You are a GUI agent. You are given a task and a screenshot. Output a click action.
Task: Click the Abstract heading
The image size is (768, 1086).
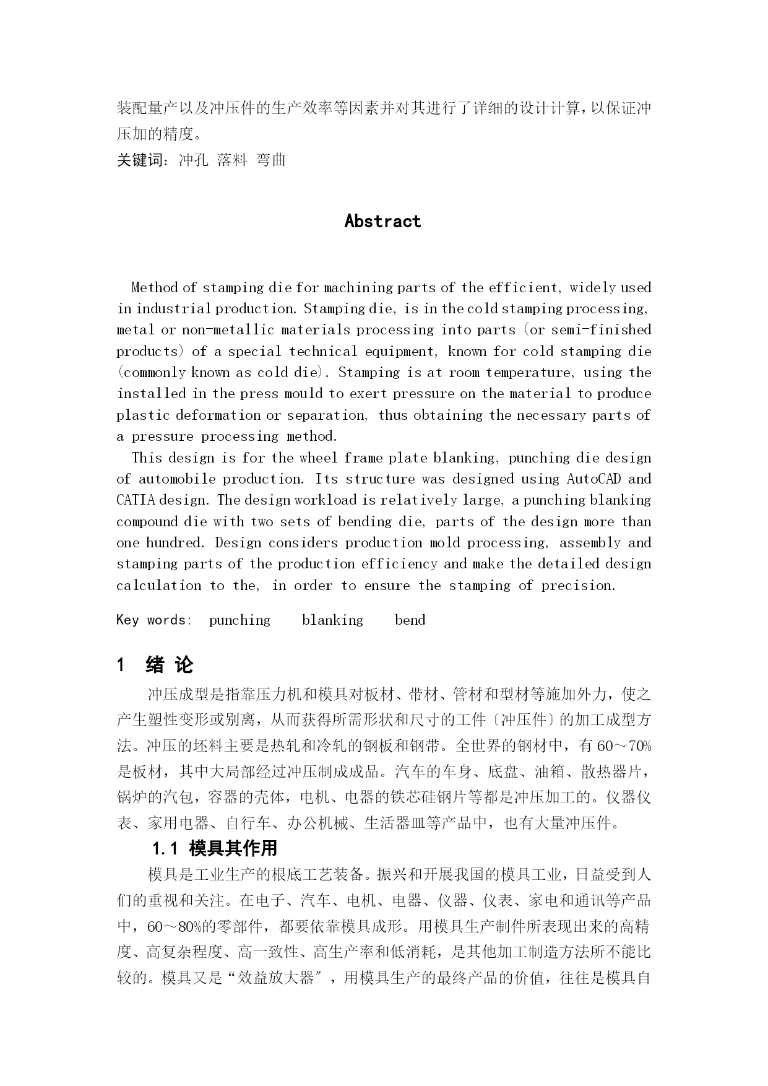point(382,221)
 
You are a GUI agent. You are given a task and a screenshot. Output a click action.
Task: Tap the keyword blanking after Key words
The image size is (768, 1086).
point(332,620)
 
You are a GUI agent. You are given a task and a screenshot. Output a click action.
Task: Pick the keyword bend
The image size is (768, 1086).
point(410,620)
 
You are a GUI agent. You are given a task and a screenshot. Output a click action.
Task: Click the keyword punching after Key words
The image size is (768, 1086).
point(239,620)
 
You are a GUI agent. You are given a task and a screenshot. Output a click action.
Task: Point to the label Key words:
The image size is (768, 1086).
point(154,620)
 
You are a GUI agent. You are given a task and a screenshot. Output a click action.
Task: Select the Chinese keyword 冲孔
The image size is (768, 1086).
point(194,160)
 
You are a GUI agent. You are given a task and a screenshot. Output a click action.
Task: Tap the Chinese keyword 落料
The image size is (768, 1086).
point(232,160)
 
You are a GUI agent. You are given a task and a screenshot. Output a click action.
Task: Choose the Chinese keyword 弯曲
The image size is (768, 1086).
point(271,160)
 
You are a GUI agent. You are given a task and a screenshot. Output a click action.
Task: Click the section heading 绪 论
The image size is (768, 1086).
point(169,666)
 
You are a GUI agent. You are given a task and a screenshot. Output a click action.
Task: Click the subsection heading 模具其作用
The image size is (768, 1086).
point(233,848)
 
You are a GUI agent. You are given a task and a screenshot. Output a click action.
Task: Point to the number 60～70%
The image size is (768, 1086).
point(624,746)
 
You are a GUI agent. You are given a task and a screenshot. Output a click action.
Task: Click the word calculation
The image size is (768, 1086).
point(158,586)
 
